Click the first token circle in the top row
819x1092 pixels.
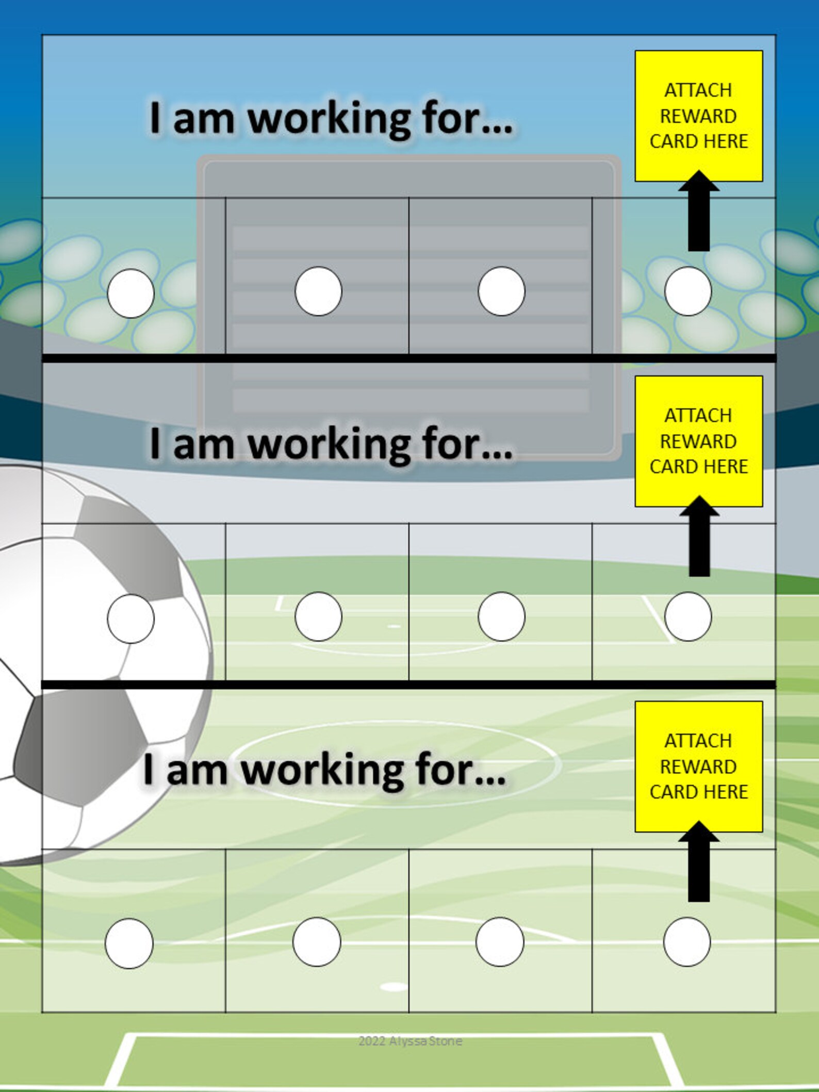[130, 293]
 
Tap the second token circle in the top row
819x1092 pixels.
[318, 291]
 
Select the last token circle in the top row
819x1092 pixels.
[688, 291]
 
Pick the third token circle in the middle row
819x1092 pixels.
[501, 616]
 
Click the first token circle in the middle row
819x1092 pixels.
[130, 618]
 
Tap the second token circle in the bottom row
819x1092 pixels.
[317, 942]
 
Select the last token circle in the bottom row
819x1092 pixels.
[687, 942]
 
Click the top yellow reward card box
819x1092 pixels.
[698, 116]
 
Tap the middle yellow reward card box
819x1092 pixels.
[698, 441]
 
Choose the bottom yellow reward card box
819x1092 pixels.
[698, 767]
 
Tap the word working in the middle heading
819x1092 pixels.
[330, 445]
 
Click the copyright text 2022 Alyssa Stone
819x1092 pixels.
[410, 1041]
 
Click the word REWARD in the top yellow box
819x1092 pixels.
[698, 117]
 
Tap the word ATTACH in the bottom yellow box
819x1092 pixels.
[698, 741]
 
